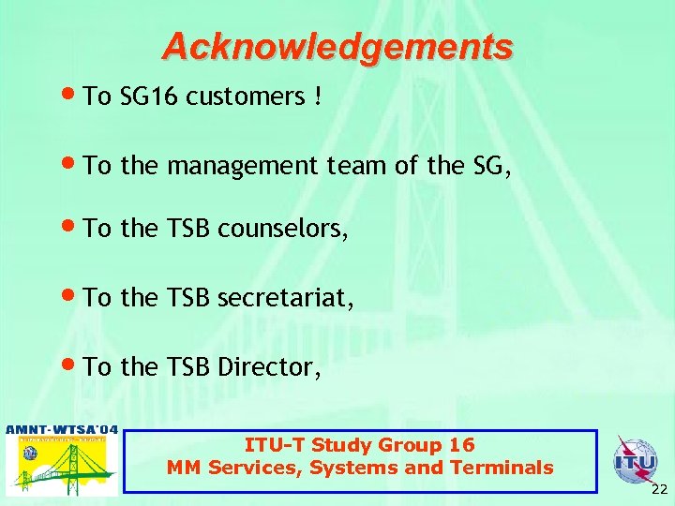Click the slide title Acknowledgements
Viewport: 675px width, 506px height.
[x=337, y=46]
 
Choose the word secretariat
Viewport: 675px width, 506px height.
[x=286, y=299]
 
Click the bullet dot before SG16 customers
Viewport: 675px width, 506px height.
[x=74, y=95]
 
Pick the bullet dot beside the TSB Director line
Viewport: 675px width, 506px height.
[x=74, y=365]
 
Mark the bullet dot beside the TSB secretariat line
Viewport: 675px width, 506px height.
[x=74, y=297]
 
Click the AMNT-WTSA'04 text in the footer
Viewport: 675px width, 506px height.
[x=62, y=430]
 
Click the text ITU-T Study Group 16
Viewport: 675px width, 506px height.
[x=360, y=445]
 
